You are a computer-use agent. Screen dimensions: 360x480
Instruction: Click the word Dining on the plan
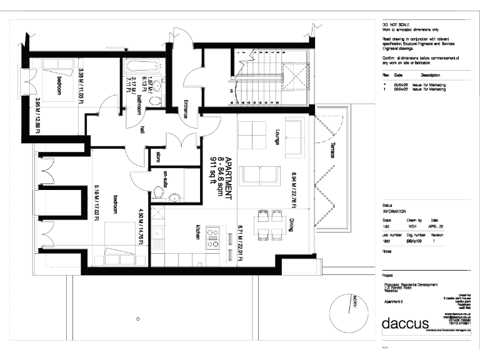(292, 225)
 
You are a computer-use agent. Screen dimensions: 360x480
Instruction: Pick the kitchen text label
(198, 232)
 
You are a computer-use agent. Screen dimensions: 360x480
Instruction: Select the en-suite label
(165, 179)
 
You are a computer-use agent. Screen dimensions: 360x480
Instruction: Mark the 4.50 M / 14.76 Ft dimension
(141, 226)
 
